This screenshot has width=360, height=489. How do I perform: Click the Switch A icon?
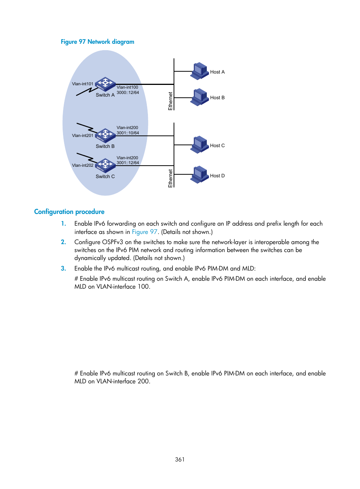point(105,84)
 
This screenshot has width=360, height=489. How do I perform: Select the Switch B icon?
point(105,135)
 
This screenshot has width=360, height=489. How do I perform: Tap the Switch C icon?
point(105,165)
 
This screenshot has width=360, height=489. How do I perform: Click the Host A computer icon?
point(199,71)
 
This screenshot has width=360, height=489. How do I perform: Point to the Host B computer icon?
point(199,97)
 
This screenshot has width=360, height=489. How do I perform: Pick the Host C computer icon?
point(199,145)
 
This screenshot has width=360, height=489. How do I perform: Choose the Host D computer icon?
point(199,175)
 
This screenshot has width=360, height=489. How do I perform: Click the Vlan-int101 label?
point(83,84)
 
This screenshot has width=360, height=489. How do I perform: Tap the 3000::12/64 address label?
point(128,92)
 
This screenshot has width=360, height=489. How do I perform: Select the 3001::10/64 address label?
point(128,133)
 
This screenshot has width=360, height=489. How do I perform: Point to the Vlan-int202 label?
point(83,165)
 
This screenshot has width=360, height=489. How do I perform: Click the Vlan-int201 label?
point(83,135)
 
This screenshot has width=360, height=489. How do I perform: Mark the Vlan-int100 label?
point(127,87)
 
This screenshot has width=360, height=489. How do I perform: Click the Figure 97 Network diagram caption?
point(97,42)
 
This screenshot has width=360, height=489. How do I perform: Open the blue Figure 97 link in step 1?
point(144,232)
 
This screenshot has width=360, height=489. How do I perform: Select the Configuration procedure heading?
point(69,212)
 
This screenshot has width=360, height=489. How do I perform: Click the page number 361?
point(180,459)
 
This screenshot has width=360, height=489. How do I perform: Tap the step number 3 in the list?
point(63,268)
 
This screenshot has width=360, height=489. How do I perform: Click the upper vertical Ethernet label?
point(171,101)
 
